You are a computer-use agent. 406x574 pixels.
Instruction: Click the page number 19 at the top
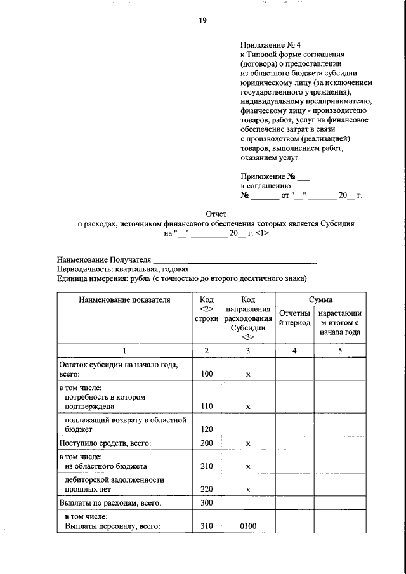[202, 20]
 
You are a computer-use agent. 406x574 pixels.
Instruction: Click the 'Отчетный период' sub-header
[294, 318]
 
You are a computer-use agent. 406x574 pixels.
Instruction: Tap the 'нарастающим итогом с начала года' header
[339, 322]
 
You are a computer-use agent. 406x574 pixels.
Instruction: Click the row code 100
[206, 375]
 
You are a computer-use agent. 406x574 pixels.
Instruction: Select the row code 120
[206, 429]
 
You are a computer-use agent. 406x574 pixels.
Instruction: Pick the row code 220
[206, 489]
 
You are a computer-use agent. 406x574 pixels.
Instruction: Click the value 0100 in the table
[248, 526]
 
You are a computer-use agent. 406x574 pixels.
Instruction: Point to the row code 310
[206, 526]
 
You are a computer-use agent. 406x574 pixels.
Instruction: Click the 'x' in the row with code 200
[248, 443]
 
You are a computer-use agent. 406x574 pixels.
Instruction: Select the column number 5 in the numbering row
[339, 351]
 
